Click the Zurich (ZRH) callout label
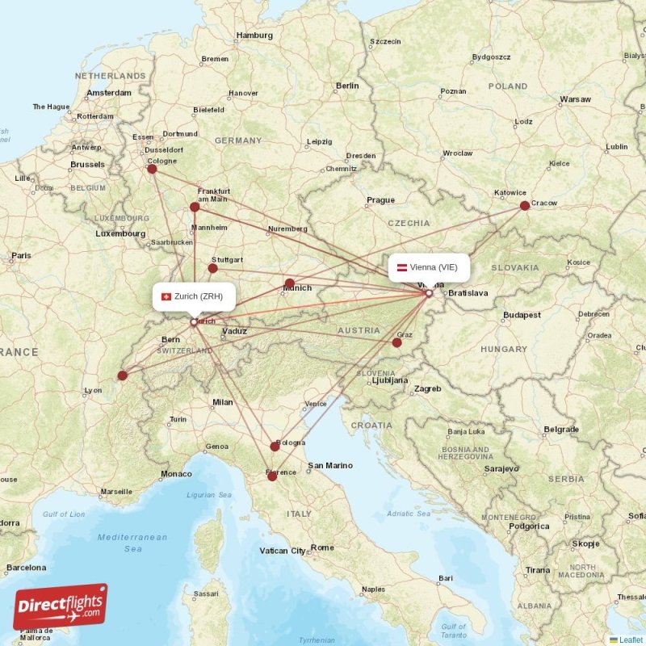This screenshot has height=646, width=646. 194,296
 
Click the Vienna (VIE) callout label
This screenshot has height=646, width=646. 429,267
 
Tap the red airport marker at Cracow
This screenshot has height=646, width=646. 525,205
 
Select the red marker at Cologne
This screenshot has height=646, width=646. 152,169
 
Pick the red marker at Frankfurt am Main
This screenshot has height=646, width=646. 195,207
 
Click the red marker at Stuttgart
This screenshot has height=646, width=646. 213,268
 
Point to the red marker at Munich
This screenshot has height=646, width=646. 289,283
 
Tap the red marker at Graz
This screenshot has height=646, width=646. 396,342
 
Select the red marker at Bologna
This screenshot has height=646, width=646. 275,447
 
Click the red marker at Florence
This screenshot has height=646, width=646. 272,476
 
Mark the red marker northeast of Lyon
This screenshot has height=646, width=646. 122,375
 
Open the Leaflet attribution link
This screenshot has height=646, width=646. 631,640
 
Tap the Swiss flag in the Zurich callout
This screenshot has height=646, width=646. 166,296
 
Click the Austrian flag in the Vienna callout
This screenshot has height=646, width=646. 401,267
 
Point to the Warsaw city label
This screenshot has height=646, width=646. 575,100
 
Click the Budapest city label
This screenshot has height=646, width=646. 521,315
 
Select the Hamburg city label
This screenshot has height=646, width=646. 254,36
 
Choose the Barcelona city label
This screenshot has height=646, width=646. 26,567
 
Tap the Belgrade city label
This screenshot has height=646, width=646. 560,429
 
